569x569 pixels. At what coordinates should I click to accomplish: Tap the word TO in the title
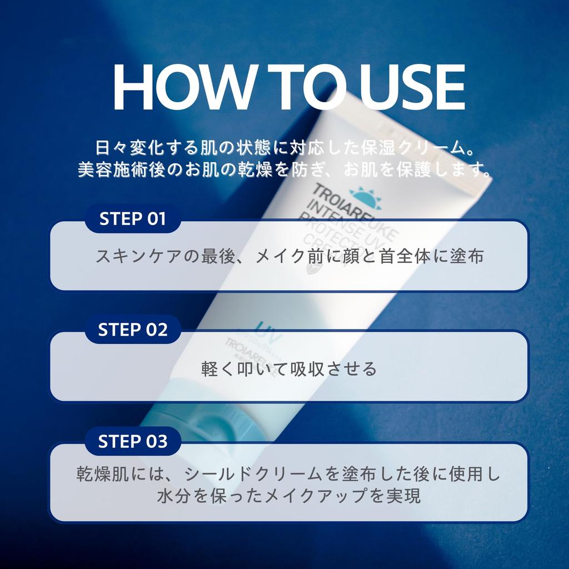point(298,88)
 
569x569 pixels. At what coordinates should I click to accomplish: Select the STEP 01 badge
point(133,219)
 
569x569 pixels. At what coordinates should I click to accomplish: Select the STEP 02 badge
point(133,330)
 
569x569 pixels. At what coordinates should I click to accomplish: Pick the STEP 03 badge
point(133,442)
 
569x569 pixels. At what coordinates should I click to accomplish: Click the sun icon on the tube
point(365,197)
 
